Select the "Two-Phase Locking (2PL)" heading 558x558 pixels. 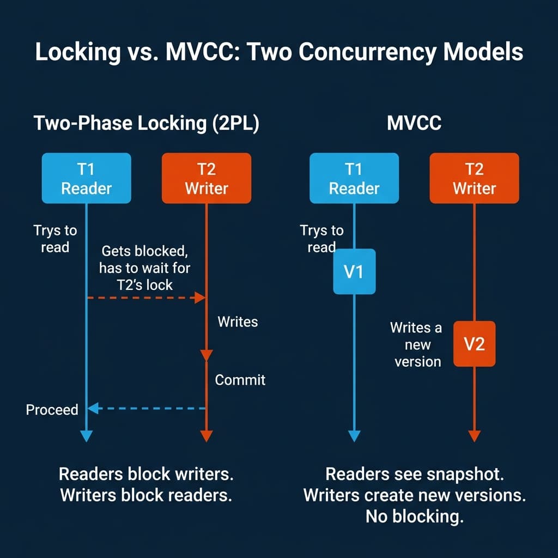(146, 123)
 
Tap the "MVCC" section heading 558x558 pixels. (414, 123)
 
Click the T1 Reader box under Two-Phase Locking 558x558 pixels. (86, 178)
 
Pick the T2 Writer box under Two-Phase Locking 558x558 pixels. (206, 178)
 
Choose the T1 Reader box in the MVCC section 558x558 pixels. (354, 178)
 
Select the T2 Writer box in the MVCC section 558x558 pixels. (474, 178)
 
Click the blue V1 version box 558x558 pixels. (354, 271)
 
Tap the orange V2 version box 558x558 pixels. (474, 343)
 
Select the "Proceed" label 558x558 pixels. (52, 409)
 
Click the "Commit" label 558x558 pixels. (240, 380)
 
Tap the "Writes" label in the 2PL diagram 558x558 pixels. (238, 322)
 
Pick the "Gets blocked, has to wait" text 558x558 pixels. (145, 268)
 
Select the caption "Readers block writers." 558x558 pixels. (146, 474)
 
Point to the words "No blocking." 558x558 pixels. (414, 515)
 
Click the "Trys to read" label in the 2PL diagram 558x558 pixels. (55, 239)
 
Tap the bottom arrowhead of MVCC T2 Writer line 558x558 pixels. (474, 436)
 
